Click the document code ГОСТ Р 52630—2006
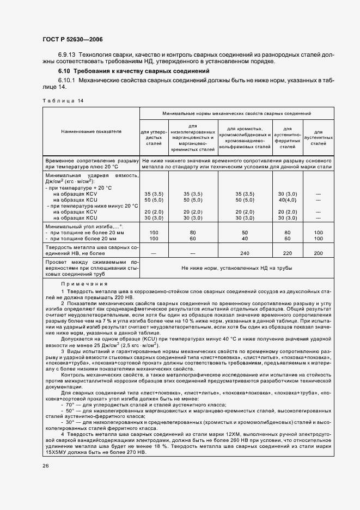pyautogui.click(x=72, y=39)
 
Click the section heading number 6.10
pyautogui.click(x=65, y=71)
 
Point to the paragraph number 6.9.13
pyautogui.click(x=68, y=55)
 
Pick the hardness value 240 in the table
pyautogui.click(x=245, y=253)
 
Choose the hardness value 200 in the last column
pyautogui.click(x=319, y=253)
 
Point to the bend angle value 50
pyautogui.click(x=245, y=233)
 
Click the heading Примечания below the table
pyautogui.click(x=84, y=284)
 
